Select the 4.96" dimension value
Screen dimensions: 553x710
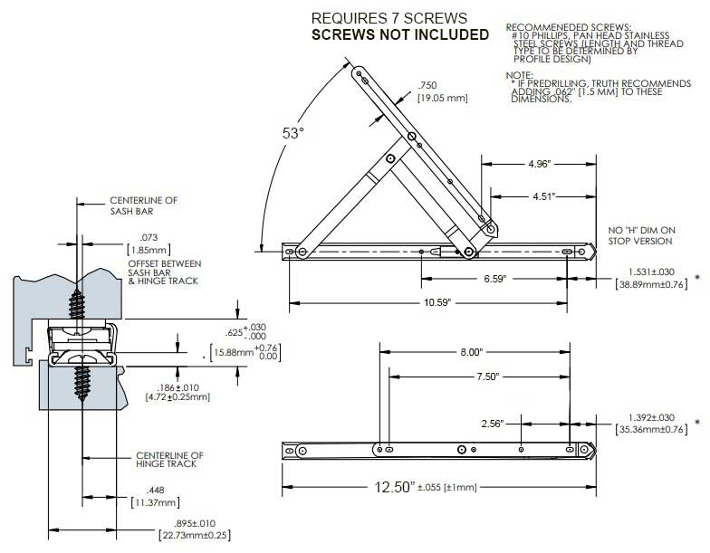(x=537, y=165)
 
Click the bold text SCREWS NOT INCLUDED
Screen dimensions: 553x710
(x=399, y=34)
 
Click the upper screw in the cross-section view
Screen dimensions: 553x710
(x=78, y=290)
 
